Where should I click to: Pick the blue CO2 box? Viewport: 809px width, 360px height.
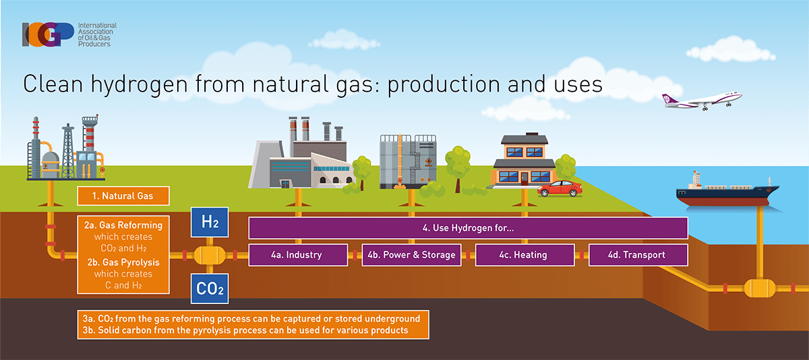210,289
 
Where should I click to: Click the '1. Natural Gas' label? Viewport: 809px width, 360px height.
123,197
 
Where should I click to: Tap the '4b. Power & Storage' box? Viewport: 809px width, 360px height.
412,255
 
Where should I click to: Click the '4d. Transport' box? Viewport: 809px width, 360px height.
638,255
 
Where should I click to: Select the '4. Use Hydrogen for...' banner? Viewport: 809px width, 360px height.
468,229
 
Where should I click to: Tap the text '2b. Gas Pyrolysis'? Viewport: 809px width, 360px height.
123,262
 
